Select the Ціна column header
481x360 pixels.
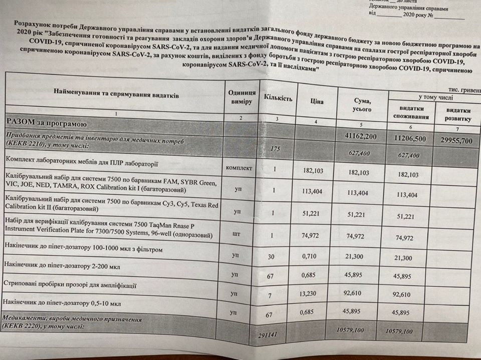click(317, 102)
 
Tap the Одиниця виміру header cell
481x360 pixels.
click(242, 98)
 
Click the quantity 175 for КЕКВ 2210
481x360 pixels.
click(274, 149)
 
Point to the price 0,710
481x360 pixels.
click(312, 257)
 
